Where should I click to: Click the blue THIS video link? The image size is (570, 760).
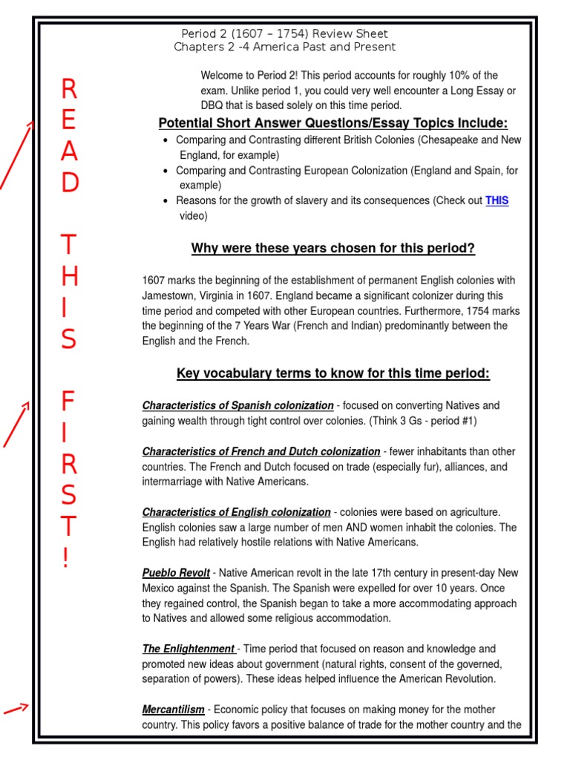497,201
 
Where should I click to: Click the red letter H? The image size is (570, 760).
68,276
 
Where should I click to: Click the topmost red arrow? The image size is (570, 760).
16,156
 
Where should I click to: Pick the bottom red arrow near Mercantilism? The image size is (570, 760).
16,710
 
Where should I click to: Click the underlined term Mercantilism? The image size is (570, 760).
173,710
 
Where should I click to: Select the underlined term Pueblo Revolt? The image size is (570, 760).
176,573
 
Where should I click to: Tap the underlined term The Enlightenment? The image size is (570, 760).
189,649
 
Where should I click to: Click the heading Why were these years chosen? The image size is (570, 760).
332,248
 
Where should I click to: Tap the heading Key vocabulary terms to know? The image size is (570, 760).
332,373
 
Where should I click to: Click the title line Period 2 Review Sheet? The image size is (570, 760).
284,34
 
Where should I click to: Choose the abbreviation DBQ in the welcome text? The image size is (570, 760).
214,105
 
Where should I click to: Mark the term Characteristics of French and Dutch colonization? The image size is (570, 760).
261,451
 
